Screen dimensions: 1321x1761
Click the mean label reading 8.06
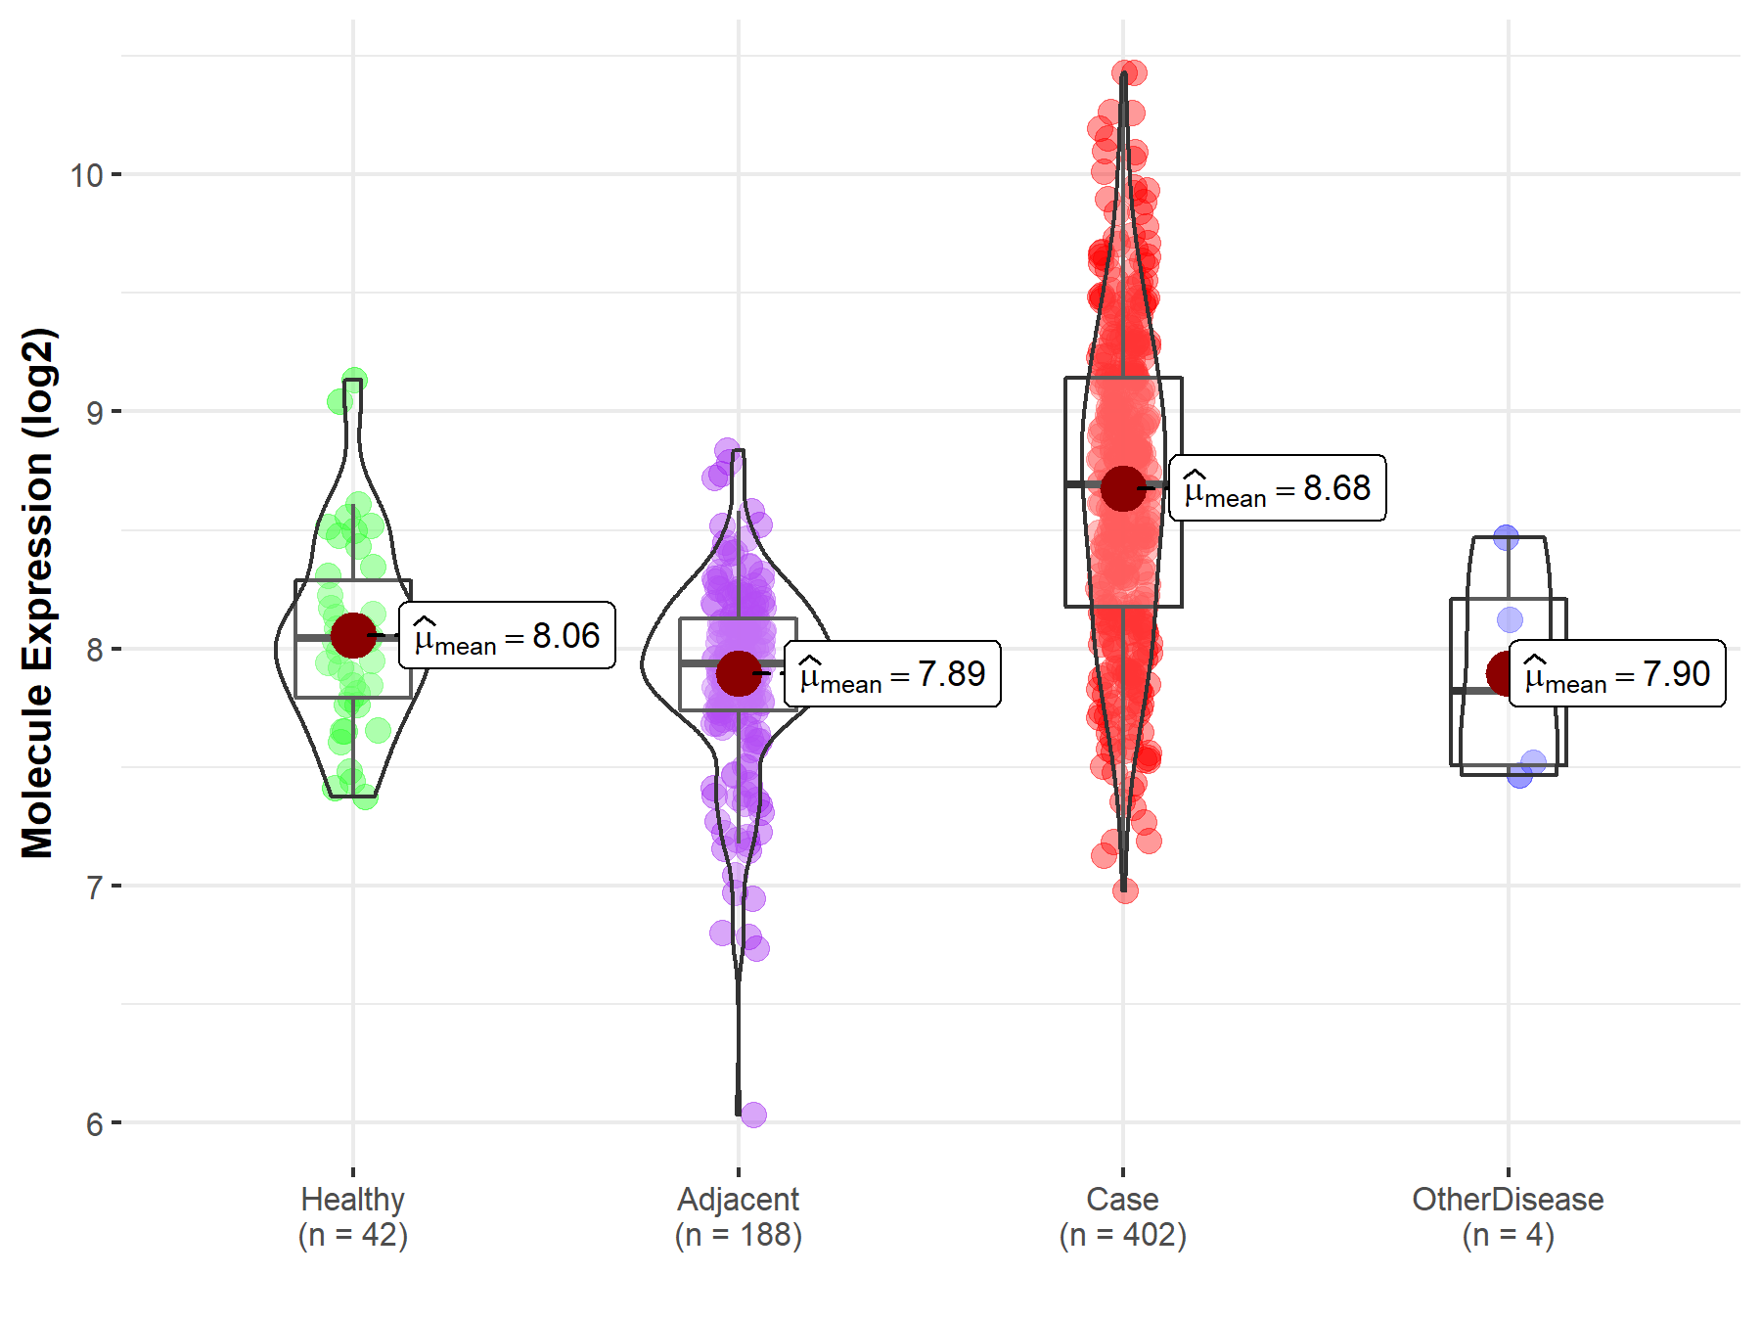point(507,636)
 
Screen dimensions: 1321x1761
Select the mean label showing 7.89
point(892,674)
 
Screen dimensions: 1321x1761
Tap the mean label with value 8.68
point(1278,487)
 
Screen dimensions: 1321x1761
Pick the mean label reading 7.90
point(1617,674)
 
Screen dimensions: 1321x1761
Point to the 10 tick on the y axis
point(86,175)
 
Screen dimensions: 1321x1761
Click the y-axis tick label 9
point(94,412)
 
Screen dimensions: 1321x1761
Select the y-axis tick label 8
point(94,650)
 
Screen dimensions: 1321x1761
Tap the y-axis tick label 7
point(94,888)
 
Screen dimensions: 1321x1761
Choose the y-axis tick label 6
point(94,1124)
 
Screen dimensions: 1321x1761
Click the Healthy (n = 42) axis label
point(353,1217)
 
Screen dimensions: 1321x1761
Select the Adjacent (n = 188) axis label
point(739,1217)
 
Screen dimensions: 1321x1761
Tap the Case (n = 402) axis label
point(1123,1217)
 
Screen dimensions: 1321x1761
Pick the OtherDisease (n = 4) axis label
point(1508,1217)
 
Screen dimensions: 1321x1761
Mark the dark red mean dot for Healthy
point(353,636)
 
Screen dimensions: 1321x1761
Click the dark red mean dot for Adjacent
point(739,673)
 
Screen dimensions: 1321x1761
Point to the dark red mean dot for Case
point(1123,487)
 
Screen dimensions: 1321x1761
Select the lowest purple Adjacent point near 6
point(753,1115)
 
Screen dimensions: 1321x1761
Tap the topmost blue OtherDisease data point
point(1506,537)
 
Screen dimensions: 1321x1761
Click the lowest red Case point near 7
point(1125,890)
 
